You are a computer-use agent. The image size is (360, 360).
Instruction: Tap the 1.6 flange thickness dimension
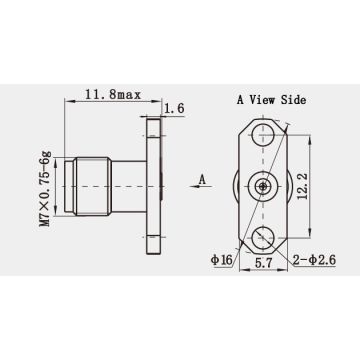173,108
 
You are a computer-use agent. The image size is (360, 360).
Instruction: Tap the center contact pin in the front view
263,186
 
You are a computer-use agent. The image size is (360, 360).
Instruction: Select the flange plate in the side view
153,186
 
